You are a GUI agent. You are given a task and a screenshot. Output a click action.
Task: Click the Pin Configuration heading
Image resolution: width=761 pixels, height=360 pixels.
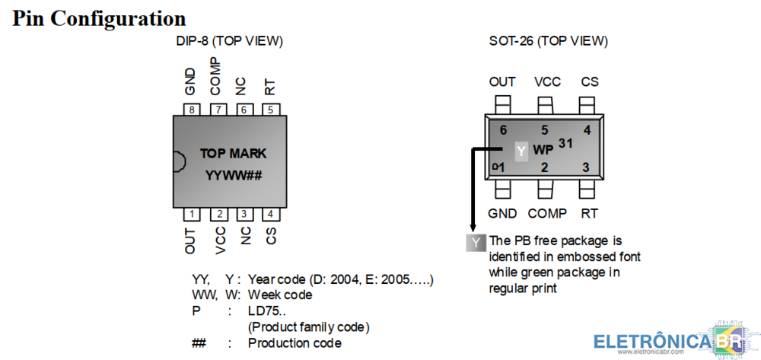point(100,18)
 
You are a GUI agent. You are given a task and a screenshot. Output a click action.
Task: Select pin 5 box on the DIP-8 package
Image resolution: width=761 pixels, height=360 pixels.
point(270,110)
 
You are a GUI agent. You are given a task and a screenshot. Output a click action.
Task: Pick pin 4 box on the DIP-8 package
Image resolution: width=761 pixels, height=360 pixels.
point(270,214)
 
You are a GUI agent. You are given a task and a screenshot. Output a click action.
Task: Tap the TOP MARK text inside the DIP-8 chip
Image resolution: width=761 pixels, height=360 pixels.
point(233,154)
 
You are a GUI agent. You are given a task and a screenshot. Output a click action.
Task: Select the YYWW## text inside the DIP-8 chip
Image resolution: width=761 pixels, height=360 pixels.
point(233,176)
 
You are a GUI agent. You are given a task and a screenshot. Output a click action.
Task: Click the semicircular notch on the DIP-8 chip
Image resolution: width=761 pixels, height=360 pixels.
point(178,162)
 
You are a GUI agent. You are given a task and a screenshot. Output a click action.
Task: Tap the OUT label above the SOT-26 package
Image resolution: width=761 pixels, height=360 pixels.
point(502,81)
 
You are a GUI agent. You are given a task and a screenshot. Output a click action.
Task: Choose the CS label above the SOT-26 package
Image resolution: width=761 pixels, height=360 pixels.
point(590,81)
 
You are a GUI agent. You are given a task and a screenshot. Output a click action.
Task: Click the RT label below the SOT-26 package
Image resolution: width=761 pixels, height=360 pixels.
point(589,214)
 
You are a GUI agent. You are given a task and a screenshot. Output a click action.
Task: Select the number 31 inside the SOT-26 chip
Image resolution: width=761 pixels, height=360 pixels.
point(565,143)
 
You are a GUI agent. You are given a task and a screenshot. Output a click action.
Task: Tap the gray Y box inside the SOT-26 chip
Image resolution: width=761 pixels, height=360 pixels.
point(521,151)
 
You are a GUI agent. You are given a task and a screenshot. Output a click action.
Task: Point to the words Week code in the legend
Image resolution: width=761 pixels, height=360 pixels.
point(280,295)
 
